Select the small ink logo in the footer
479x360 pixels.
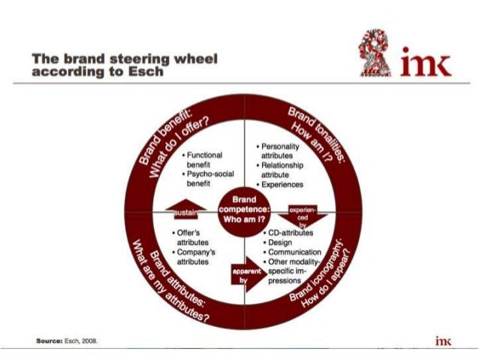pos(443,340)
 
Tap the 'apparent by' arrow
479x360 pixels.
pos(246,274)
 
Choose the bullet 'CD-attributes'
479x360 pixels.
pos(290,233)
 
